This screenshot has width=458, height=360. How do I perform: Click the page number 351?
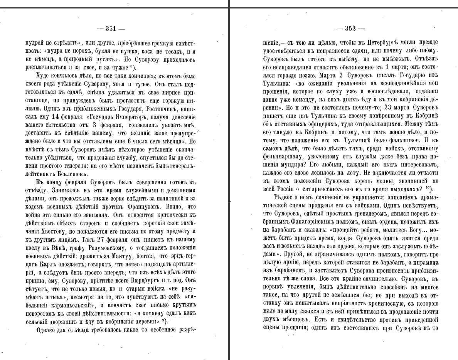(111, 28)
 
